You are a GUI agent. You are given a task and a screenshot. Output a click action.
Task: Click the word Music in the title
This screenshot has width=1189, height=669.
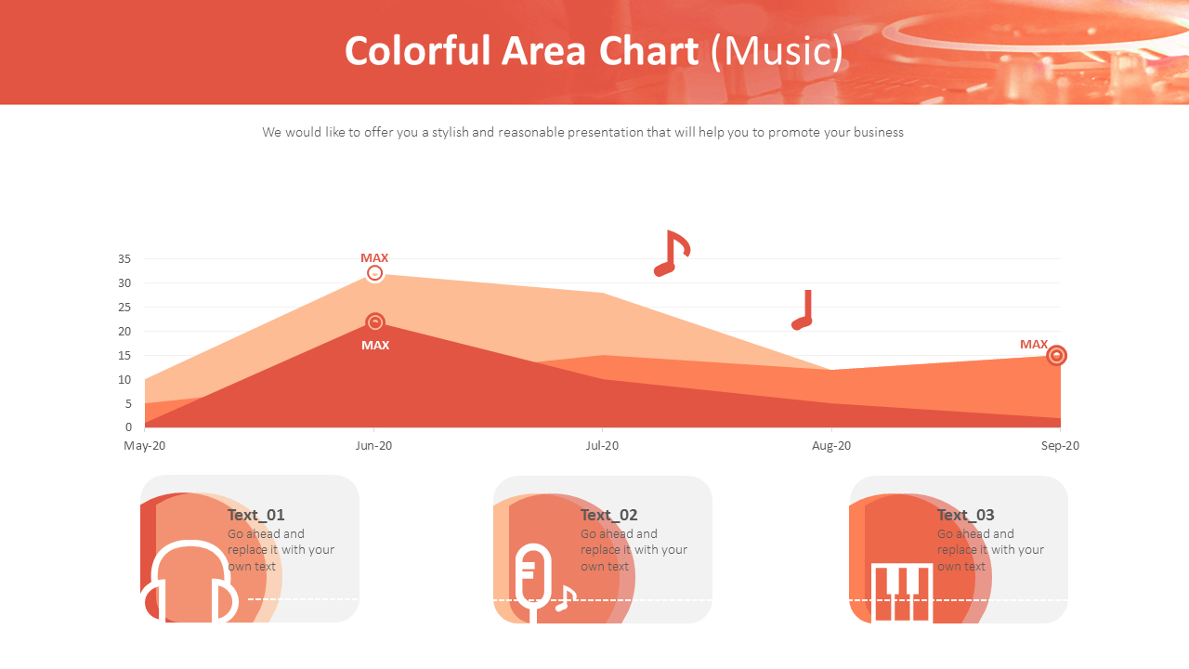coord(777,51)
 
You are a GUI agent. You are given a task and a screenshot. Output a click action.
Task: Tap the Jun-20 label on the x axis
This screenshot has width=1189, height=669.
coord(373,446)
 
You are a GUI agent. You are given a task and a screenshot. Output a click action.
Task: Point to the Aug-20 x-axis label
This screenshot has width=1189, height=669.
coord(831,446)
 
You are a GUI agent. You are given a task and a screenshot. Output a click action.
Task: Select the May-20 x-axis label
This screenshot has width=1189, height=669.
coord(145,446)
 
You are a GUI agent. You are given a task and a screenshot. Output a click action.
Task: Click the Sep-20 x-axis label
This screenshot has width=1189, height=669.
coord(1060,446)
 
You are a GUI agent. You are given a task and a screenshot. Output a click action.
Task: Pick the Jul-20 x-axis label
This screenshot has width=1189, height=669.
coord(602,446)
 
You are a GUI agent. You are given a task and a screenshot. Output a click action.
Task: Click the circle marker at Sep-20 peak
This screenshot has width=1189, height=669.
coord(1056,355)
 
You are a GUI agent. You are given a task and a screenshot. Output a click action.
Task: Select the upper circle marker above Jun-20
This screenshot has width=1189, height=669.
coord(374,273)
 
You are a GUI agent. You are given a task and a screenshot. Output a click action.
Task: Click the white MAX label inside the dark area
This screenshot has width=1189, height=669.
coord(375,346)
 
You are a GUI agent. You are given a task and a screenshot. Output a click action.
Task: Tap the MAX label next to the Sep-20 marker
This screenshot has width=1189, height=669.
coord(1034,345)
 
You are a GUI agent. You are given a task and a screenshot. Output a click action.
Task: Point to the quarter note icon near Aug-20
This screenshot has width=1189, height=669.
coord(803,309)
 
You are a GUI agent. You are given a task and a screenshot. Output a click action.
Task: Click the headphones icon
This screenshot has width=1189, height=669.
coord(190,583)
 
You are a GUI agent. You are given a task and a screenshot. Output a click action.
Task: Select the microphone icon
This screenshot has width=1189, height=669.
coord(535,581)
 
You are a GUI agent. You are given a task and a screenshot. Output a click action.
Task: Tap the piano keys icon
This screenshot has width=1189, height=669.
coord(901,592)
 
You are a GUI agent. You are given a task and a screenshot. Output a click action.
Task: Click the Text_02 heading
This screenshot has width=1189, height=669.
coord(608,515)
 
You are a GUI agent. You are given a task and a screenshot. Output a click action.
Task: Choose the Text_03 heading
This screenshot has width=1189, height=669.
coord(965,515)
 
